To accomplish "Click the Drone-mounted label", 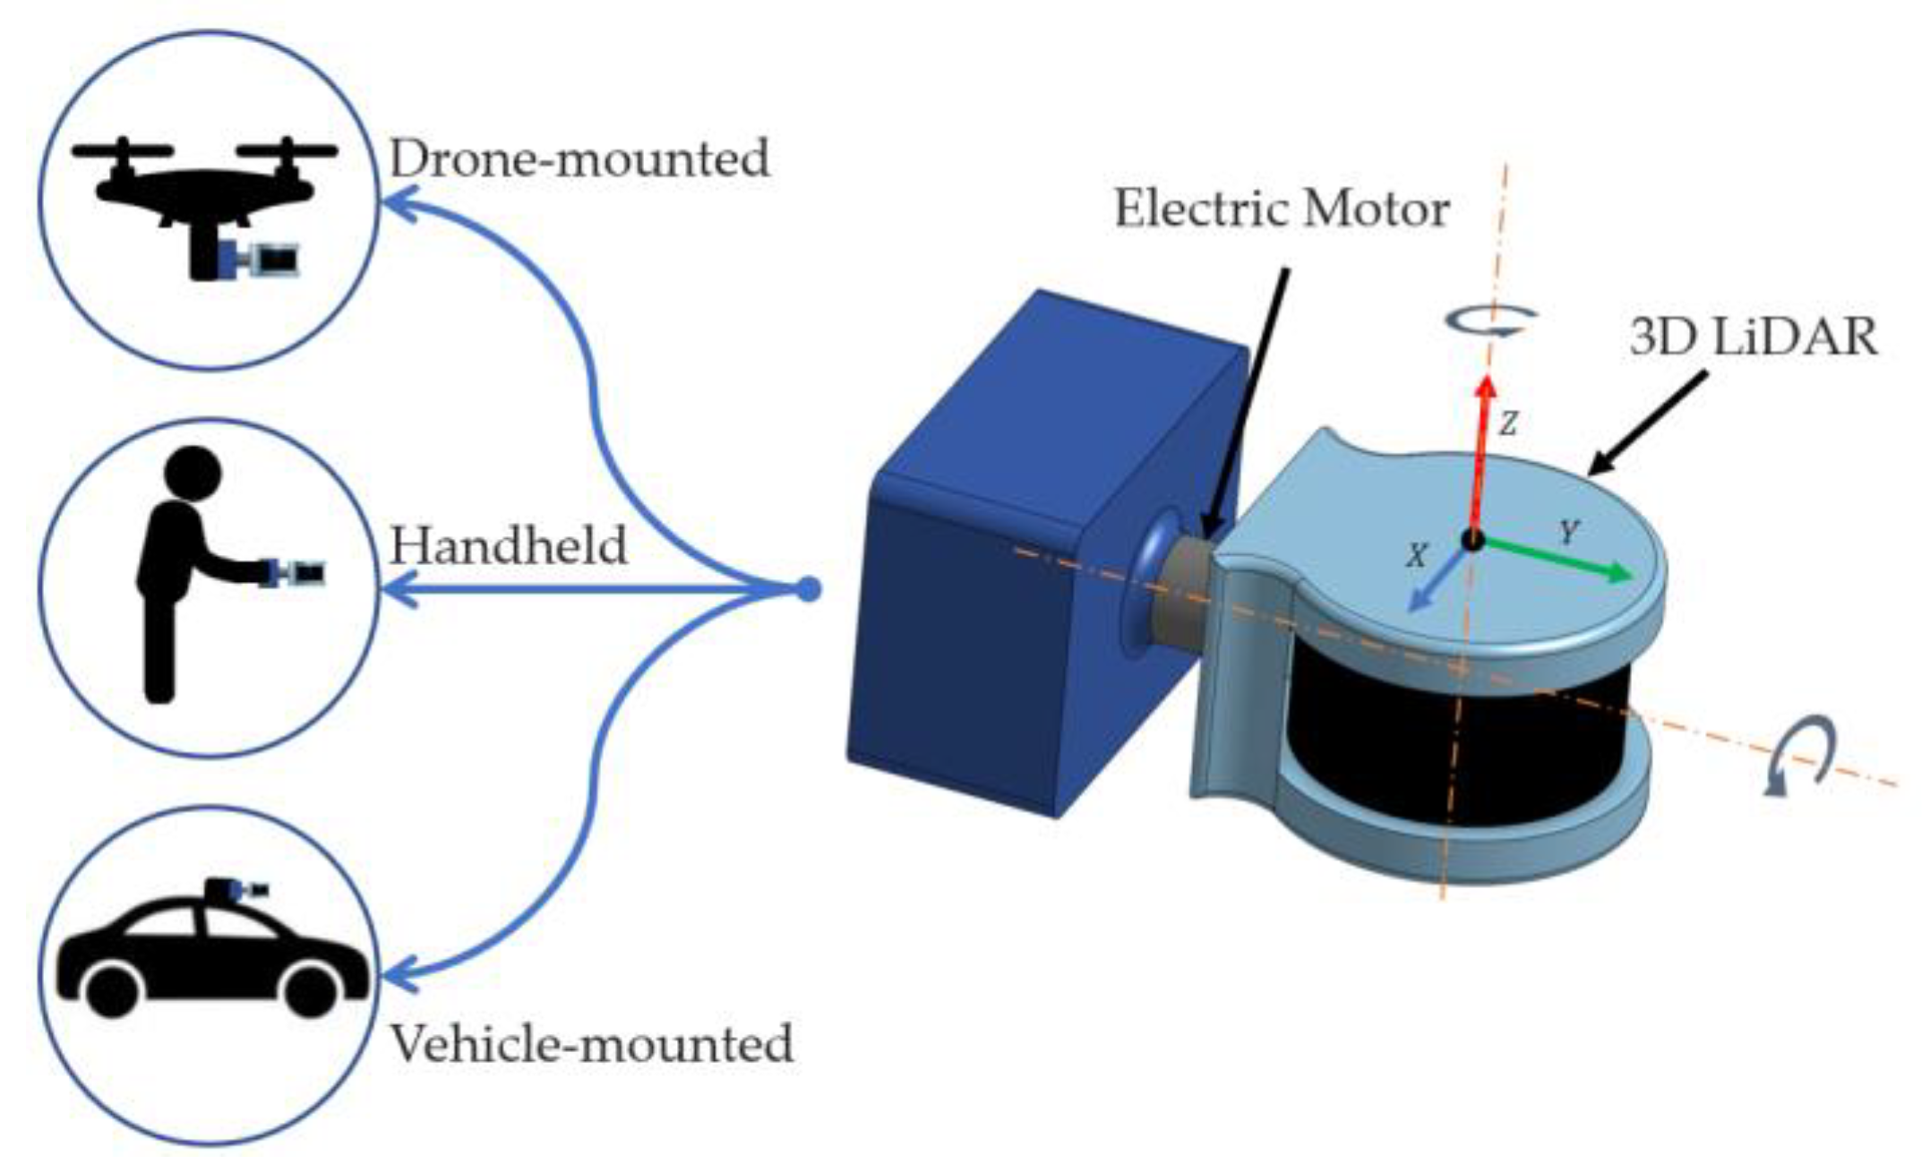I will (x=579, y=159).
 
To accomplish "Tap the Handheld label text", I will (x=509, y=545).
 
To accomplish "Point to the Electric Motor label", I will (x=1282, y=209).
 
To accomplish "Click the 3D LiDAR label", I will (x=1753, y=338).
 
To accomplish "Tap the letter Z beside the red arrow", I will (x=1508, y=423).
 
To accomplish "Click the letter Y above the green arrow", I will (x=1568, y=533).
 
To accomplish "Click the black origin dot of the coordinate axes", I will (x=1472, y=540).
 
